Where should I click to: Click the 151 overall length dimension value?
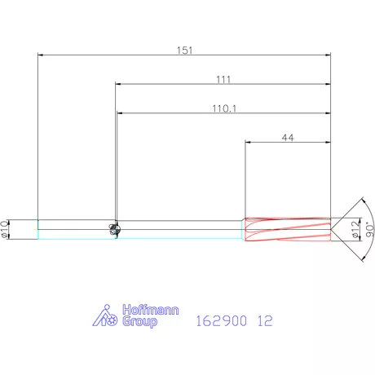click(x=184, y=51)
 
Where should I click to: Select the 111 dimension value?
click(x=223, y=79)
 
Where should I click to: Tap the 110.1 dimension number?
click(x=224, y=108)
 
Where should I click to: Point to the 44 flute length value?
click(x=288, y=138)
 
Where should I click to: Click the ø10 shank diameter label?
click(x=5, y=230)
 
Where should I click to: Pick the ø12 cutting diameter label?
click(x=355, y=230)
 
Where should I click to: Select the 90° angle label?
click(x=370, y=230)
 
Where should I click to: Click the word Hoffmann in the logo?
click(x=151, y=310)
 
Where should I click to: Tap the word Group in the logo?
click(x=139, y=322)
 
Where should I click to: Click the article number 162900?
click(x=222, y=320)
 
